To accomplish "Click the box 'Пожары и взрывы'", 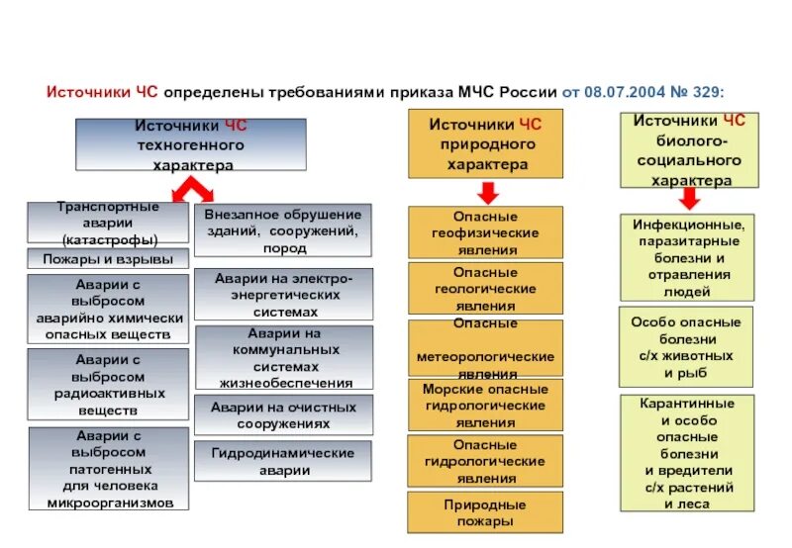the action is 107,259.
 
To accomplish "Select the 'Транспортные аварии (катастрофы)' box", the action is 107,223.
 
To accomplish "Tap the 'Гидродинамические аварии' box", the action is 283,461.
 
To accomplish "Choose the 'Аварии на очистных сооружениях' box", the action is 283,414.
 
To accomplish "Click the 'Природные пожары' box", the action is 484,511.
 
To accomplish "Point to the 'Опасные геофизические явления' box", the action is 484,232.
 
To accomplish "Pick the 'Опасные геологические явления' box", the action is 484,288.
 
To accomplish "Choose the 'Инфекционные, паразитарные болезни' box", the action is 686,257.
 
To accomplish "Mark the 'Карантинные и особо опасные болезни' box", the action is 686,453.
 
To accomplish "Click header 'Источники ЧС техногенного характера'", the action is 190,144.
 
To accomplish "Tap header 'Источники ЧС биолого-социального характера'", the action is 689,150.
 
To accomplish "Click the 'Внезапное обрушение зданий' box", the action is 283,229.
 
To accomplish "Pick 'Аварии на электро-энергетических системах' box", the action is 283,294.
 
